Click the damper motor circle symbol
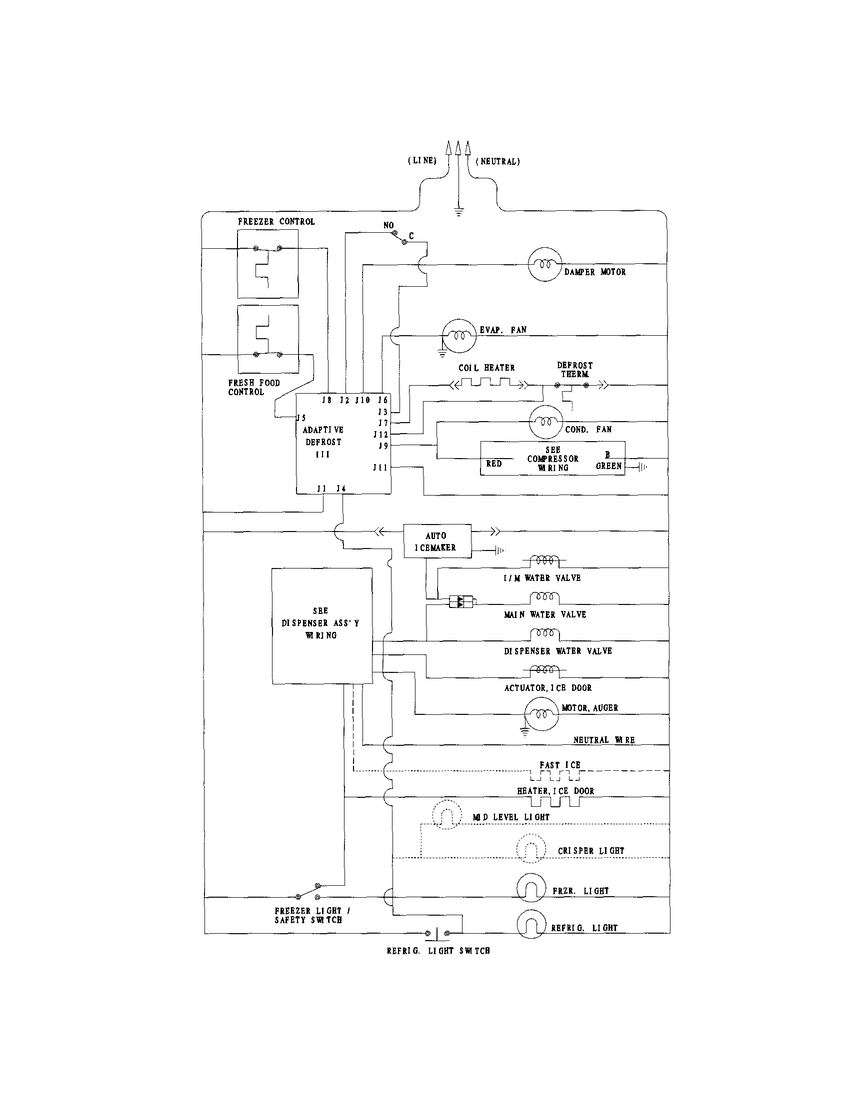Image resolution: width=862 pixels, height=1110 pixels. pos(544,264)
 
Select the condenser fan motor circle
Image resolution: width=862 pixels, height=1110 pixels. pos(545,422)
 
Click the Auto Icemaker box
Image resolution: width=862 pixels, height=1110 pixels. pos(437,542)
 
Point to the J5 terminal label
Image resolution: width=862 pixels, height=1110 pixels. pos(301,418)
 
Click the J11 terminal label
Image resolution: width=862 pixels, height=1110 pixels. pos(380,467)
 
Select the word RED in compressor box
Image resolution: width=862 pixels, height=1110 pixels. pos(493,464)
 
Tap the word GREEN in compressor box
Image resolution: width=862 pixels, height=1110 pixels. pos(608,466)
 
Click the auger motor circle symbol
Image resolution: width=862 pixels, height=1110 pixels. pos(541,713)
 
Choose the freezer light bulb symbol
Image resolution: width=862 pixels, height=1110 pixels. pos(531,888)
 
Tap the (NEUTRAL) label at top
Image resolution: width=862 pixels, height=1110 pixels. pos(497,162)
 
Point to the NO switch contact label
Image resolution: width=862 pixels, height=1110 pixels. pos(388,225)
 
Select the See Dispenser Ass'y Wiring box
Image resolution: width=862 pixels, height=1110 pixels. pos(321,625)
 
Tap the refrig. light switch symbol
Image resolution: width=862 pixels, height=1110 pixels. pos(437,933)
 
